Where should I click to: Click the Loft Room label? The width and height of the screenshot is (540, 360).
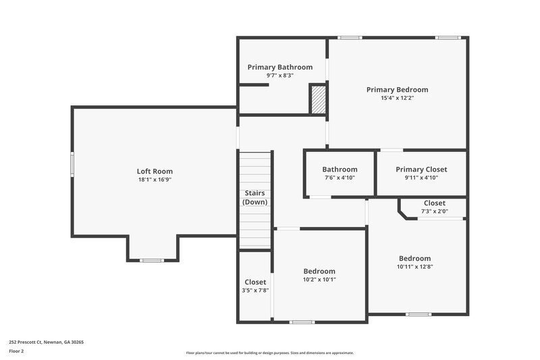coord(155,172)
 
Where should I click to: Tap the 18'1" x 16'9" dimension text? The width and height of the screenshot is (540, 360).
coord(155,180)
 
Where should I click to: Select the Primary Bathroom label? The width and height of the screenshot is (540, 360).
coord(280,67)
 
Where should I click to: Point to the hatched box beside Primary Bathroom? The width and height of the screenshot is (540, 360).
coord(318,99)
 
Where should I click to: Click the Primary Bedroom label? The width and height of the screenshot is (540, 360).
coord(397,89)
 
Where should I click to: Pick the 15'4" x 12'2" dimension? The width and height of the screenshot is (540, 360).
coord(397,98)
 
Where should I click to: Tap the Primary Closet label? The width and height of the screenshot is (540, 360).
coord(421,170)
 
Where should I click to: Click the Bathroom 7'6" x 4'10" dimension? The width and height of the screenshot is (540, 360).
coord(340,178)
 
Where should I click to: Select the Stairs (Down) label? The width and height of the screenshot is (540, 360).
coord(255,197)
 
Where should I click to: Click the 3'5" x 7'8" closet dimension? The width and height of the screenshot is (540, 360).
coord(255,290)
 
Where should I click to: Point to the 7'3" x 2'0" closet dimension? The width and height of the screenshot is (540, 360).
coord(434,211)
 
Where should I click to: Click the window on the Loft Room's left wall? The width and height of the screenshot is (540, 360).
coord(72,164)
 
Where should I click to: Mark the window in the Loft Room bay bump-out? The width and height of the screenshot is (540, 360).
coord(152,261)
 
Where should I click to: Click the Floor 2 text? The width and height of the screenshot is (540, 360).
coord(16,351)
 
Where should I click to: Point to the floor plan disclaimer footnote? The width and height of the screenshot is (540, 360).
coord(269,353)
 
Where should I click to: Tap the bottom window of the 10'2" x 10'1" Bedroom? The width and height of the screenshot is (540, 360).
coord(302,322)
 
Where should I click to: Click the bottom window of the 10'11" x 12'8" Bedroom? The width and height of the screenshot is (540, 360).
coord(418,314)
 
